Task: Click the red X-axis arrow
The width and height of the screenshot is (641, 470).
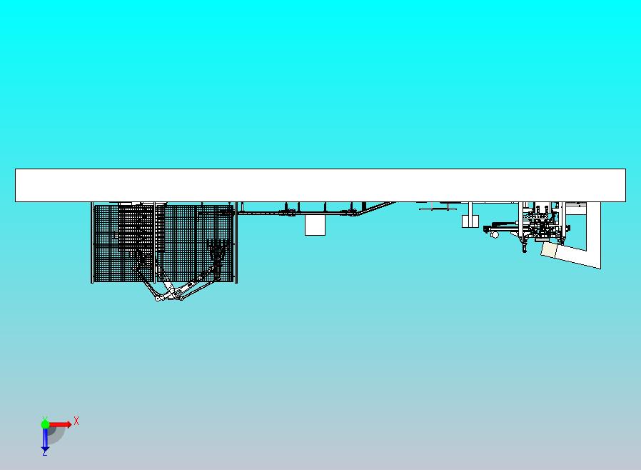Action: pyautogui.click(x=60, y=424)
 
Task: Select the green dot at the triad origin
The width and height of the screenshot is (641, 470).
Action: pyautogui.click(x=45, y=424)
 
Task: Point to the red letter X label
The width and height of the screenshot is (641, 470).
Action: pyautogui.click(x=76, y=421)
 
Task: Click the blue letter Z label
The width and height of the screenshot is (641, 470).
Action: pyautogui.click(x=44, y=453)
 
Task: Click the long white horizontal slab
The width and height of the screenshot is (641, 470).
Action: pyautogui.click(x=320, y=185)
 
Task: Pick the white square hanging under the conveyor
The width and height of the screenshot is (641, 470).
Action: pyautogui.click(x=316, y=226)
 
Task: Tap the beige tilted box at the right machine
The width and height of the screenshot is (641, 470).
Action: pyautogui.click(x=549, y=250)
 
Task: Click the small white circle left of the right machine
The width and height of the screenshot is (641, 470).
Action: pyautogui.click(x=495, y=235)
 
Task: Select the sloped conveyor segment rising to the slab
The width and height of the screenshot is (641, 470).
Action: pyautogui.click(x=374, y=208)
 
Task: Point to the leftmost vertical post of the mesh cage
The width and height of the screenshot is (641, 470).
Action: pyautogui.click(x=92, y=242)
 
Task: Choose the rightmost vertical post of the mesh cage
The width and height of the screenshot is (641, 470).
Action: pyautogui.click(x=236, y=242)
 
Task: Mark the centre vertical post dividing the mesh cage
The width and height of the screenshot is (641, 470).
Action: pyautogui.click(x=155, y=242)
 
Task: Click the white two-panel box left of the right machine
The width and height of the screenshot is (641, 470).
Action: pyautogui.click(x=470, y=221)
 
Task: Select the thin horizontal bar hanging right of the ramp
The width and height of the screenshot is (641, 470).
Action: pyautogui.click(x=438, y=209)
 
